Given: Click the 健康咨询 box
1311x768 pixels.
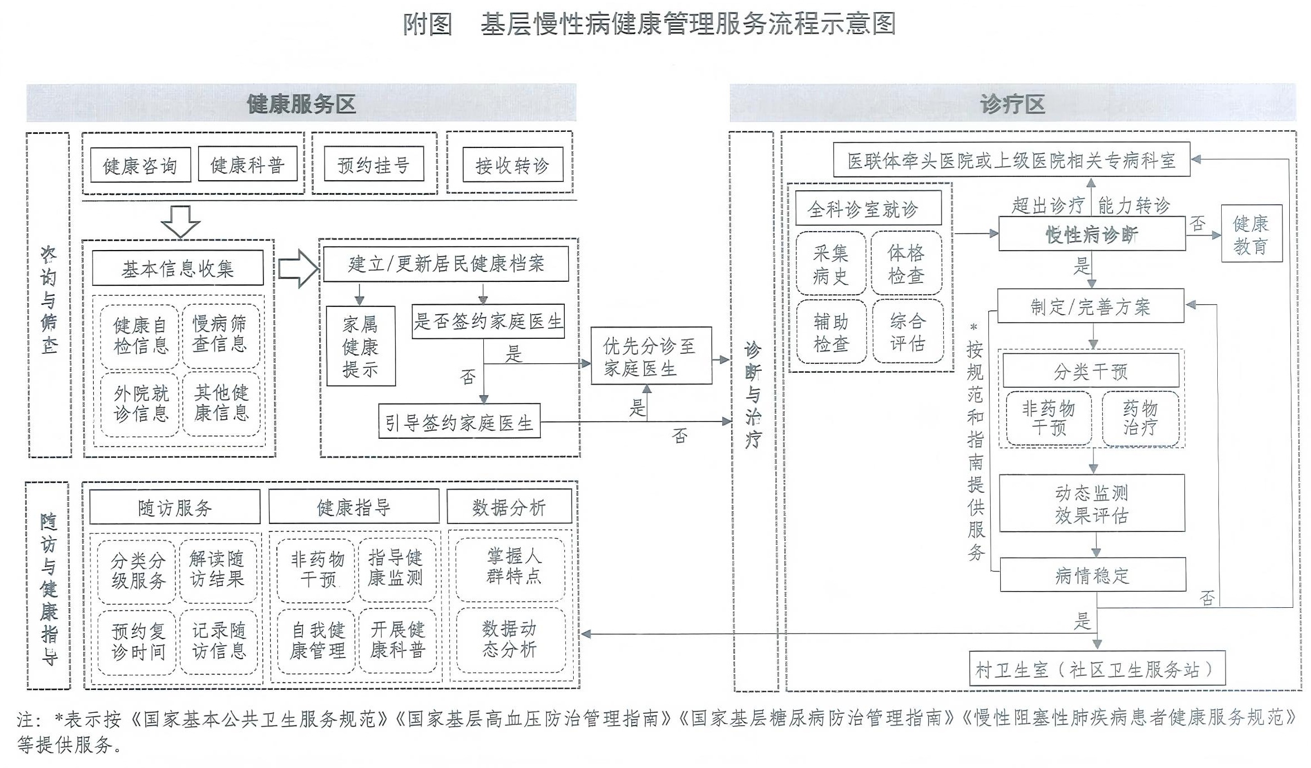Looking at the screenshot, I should point(140,165).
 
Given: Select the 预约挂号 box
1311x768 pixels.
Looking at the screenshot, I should point(373,164).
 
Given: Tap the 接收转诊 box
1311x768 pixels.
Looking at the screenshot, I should point(512,165).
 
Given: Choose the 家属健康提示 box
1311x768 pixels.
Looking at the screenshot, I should point(361,346).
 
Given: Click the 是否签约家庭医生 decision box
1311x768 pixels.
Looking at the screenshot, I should point(488,321).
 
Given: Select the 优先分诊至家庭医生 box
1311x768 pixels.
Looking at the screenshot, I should point(651,356).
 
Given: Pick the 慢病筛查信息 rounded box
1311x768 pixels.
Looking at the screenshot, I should point(220,335).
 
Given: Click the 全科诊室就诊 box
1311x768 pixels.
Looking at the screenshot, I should point(868,208).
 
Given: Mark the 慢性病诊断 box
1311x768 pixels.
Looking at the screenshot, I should point(1092,234).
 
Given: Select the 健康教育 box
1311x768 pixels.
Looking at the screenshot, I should point(1251,234).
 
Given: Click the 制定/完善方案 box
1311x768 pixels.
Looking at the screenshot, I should point(1090,306).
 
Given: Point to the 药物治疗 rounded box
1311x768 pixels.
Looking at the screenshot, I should point(1140,419).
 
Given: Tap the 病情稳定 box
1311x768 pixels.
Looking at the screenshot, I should point(1092,575).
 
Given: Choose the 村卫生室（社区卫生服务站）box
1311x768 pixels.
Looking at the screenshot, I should point(1097,669).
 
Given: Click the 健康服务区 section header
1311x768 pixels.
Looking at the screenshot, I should point(301,103).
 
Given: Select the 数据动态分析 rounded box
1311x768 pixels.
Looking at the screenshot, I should point(510,640).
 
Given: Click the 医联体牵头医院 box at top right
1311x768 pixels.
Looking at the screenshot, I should point(1011,160).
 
